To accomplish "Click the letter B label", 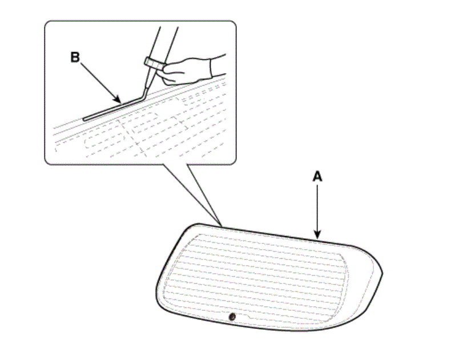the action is click(75, 57).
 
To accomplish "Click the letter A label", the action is click(317, 177).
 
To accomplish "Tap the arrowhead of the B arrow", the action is click(118, 100).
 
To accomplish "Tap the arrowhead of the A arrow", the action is click(317, 235).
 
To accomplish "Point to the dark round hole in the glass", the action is click(232, 317).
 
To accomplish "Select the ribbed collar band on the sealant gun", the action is click(155, 63).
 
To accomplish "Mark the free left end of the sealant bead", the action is click(84, 119).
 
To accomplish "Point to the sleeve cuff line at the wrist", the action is click(211, 68).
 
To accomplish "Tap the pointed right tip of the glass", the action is click(382, 273).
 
